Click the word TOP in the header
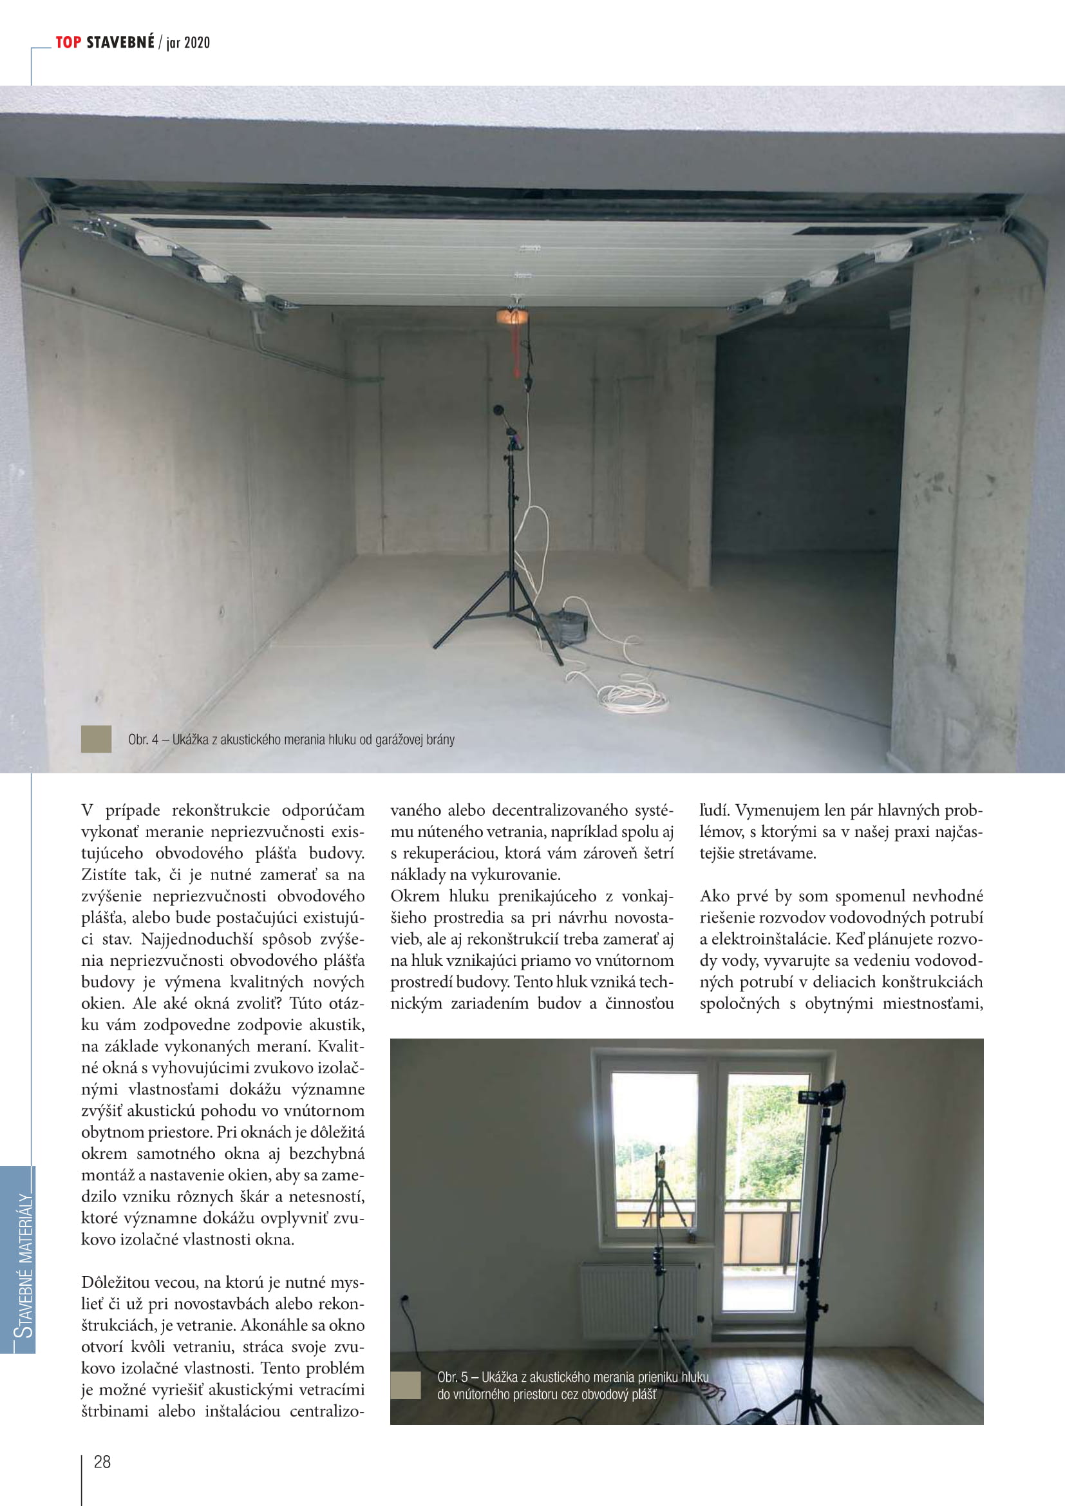click(68, 42)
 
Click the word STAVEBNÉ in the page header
click(120, 42)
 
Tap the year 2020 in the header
click(197, 43)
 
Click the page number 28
click(102, 1462)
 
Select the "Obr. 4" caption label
click(143, 740)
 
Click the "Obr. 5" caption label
click(453, 1377)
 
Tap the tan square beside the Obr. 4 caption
click(97, 739)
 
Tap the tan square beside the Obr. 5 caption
click(405, 1385)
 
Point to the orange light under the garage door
click(512, 317)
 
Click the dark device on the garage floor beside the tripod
click(566, 626)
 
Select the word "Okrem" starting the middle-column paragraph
click(415, 896)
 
